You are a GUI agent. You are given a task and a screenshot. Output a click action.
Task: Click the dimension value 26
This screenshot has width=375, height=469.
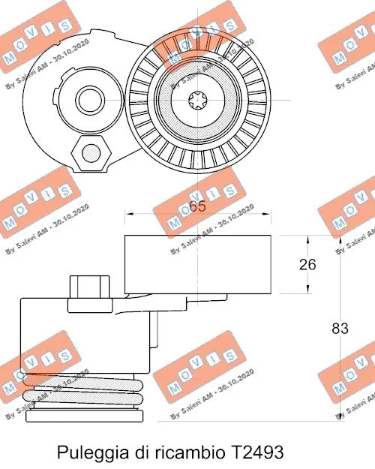pos(306,264)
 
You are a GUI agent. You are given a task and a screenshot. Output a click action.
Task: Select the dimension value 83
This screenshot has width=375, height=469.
pos(340,328)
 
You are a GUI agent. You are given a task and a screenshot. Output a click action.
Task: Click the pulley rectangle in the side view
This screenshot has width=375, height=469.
pos(198,263)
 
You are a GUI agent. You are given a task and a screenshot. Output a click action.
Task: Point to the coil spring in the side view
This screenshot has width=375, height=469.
pos(82,390)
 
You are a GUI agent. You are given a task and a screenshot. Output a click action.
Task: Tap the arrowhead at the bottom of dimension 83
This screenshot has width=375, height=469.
pos(340,415)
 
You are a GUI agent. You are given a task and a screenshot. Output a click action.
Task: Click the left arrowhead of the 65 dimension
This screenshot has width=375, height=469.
pos(128,214)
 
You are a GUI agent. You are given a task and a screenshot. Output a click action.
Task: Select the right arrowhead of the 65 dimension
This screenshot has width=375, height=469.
pos(268,214)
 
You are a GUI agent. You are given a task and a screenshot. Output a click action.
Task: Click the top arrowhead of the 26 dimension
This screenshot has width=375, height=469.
pos(307,239)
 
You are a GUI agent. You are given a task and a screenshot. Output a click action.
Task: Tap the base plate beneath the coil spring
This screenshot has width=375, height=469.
pos(82,414)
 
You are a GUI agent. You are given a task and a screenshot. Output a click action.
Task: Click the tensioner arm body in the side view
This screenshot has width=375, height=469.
pos(82,334)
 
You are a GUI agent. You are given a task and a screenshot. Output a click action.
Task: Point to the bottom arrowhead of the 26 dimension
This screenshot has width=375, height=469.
pos(307,289)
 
